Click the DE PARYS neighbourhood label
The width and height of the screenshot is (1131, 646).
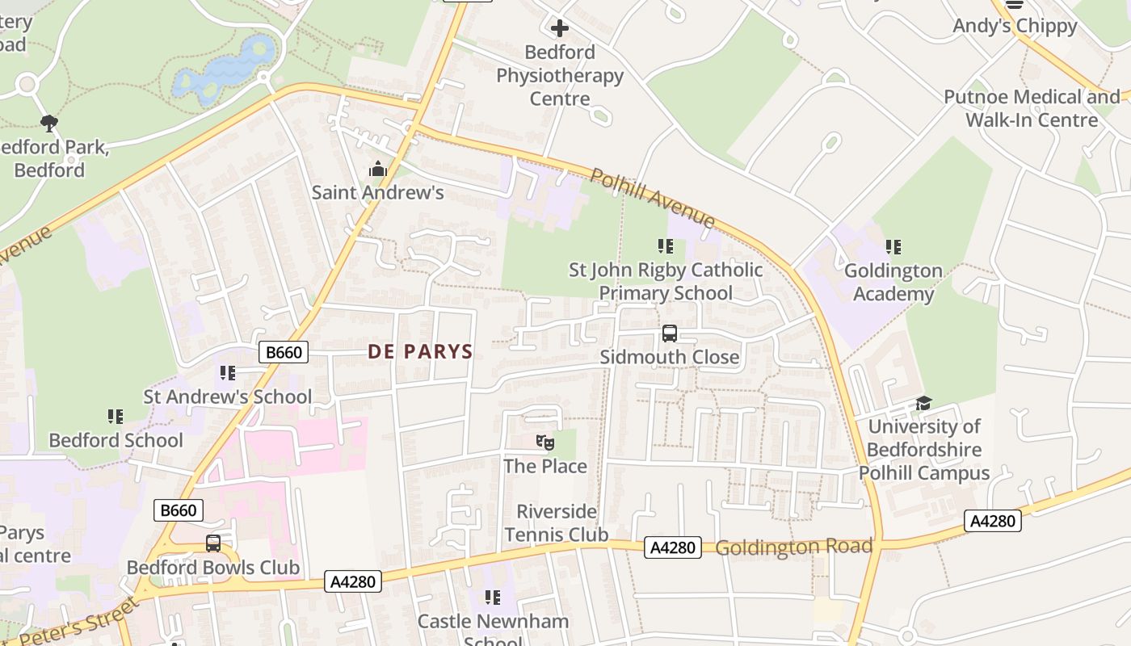coord(420,351)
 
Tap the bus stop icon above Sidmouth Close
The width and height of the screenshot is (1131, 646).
coord(669,333)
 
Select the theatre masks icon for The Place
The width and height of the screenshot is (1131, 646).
coord(545,443)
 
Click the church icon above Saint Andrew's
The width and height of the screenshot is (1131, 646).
coord(377,170)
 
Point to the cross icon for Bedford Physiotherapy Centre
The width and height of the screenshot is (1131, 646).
coord(559,29)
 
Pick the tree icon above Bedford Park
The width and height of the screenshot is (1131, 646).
coord(48,124)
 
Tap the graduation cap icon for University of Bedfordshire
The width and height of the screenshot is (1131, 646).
coord(923,403)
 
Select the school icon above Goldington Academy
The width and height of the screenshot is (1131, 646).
coord(893,247)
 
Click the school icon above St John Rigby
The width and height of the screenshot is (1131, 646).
coord(665,246)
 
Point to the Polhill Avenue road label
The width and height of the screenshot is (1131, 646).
coord(652,198)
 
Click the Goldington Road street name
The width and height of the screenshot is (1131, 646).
coord(793,547)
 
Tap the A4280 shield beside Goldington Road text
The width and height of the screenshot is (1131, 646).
coord(672,547)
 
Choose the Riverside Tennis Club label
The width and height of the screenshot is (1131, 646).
coord(556,522)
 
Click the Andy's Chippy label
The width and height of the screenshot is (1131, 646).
coord(1015,26)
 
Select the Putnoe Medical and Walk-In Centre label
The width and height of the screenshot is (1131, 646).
coord(1032,108)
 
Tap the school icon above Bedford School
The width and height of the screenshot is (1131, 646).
coord(116,417)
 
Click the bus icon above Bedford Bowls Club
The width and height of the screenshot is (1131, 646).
coord(213,543)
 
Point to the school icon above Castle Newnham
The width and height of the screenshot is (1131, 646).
coord(492,598)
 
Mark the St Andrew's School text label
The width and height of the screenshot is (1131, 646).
coord(227,396)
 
